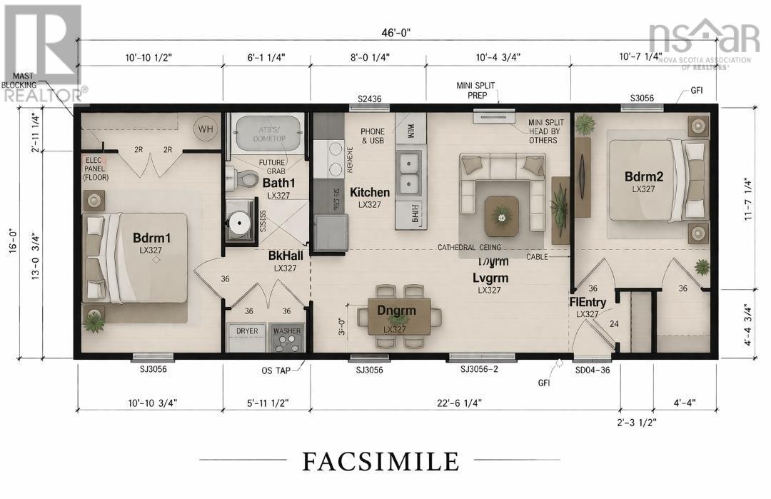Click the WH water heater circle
coord(206,129)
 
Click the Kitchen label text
coord(369,192)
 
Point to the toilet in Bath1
coord(243,178)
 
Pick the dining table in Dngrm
coord(399,316)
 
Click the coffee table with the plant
coord(503,214)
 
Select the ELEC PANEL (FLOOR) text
coord(95,167)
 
